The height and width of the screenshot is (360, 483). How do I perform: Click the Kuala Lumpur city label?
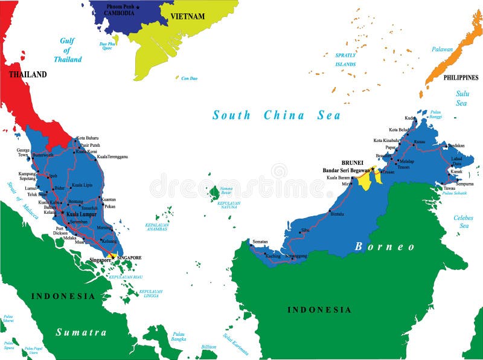point(82,214)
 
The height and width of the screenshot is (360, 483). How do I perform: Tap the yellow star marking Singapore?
point(112,257)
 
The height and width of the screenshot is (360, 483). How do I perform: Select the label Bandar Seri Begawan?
point(347,170)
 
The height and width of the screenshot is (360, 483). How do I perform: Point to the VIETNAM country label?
point(187,16)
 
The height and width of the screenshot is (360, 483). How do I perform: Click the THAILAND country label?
point(27,75)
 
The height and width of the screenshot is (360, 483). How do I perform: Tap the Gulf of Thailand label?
point(68,50)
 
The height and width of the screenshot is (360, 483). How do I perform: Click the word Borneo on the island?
point(385,246)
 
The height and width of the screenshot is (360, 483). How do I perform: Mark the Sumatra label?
point(81,332)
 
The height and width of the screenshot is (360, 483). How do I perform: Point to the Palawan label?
point(442,50)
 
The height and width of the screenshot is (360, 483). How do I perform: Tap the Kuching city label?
point(273,256)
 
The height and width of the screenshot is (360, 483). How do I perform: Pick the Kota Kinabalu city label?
point(386,141)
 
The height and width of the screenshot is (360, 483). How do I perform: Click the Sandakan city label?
point(456,146)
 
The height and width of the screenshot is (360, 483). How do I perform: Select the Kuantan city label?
point(109,199)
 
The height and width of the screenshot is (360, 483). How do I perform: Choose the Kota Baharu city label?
point(88,138)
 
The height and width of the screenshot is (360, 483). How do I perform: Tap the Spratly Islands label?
point(346,59)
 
